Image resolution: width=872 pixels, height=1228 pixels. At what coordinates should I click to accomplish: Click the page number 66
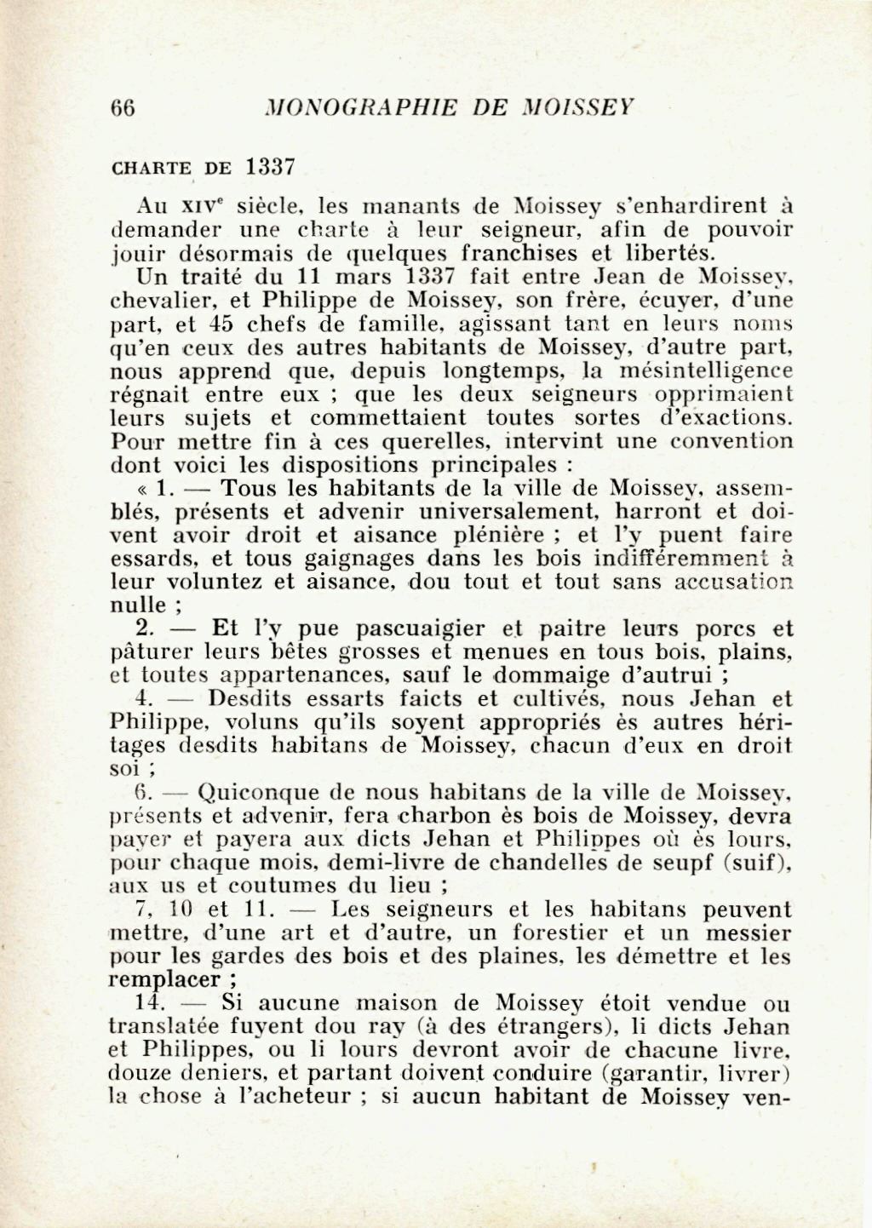click(123, 108)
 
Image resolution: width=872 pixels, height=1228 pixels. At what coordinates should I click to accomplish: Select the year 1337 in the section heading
click(269, 166)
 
